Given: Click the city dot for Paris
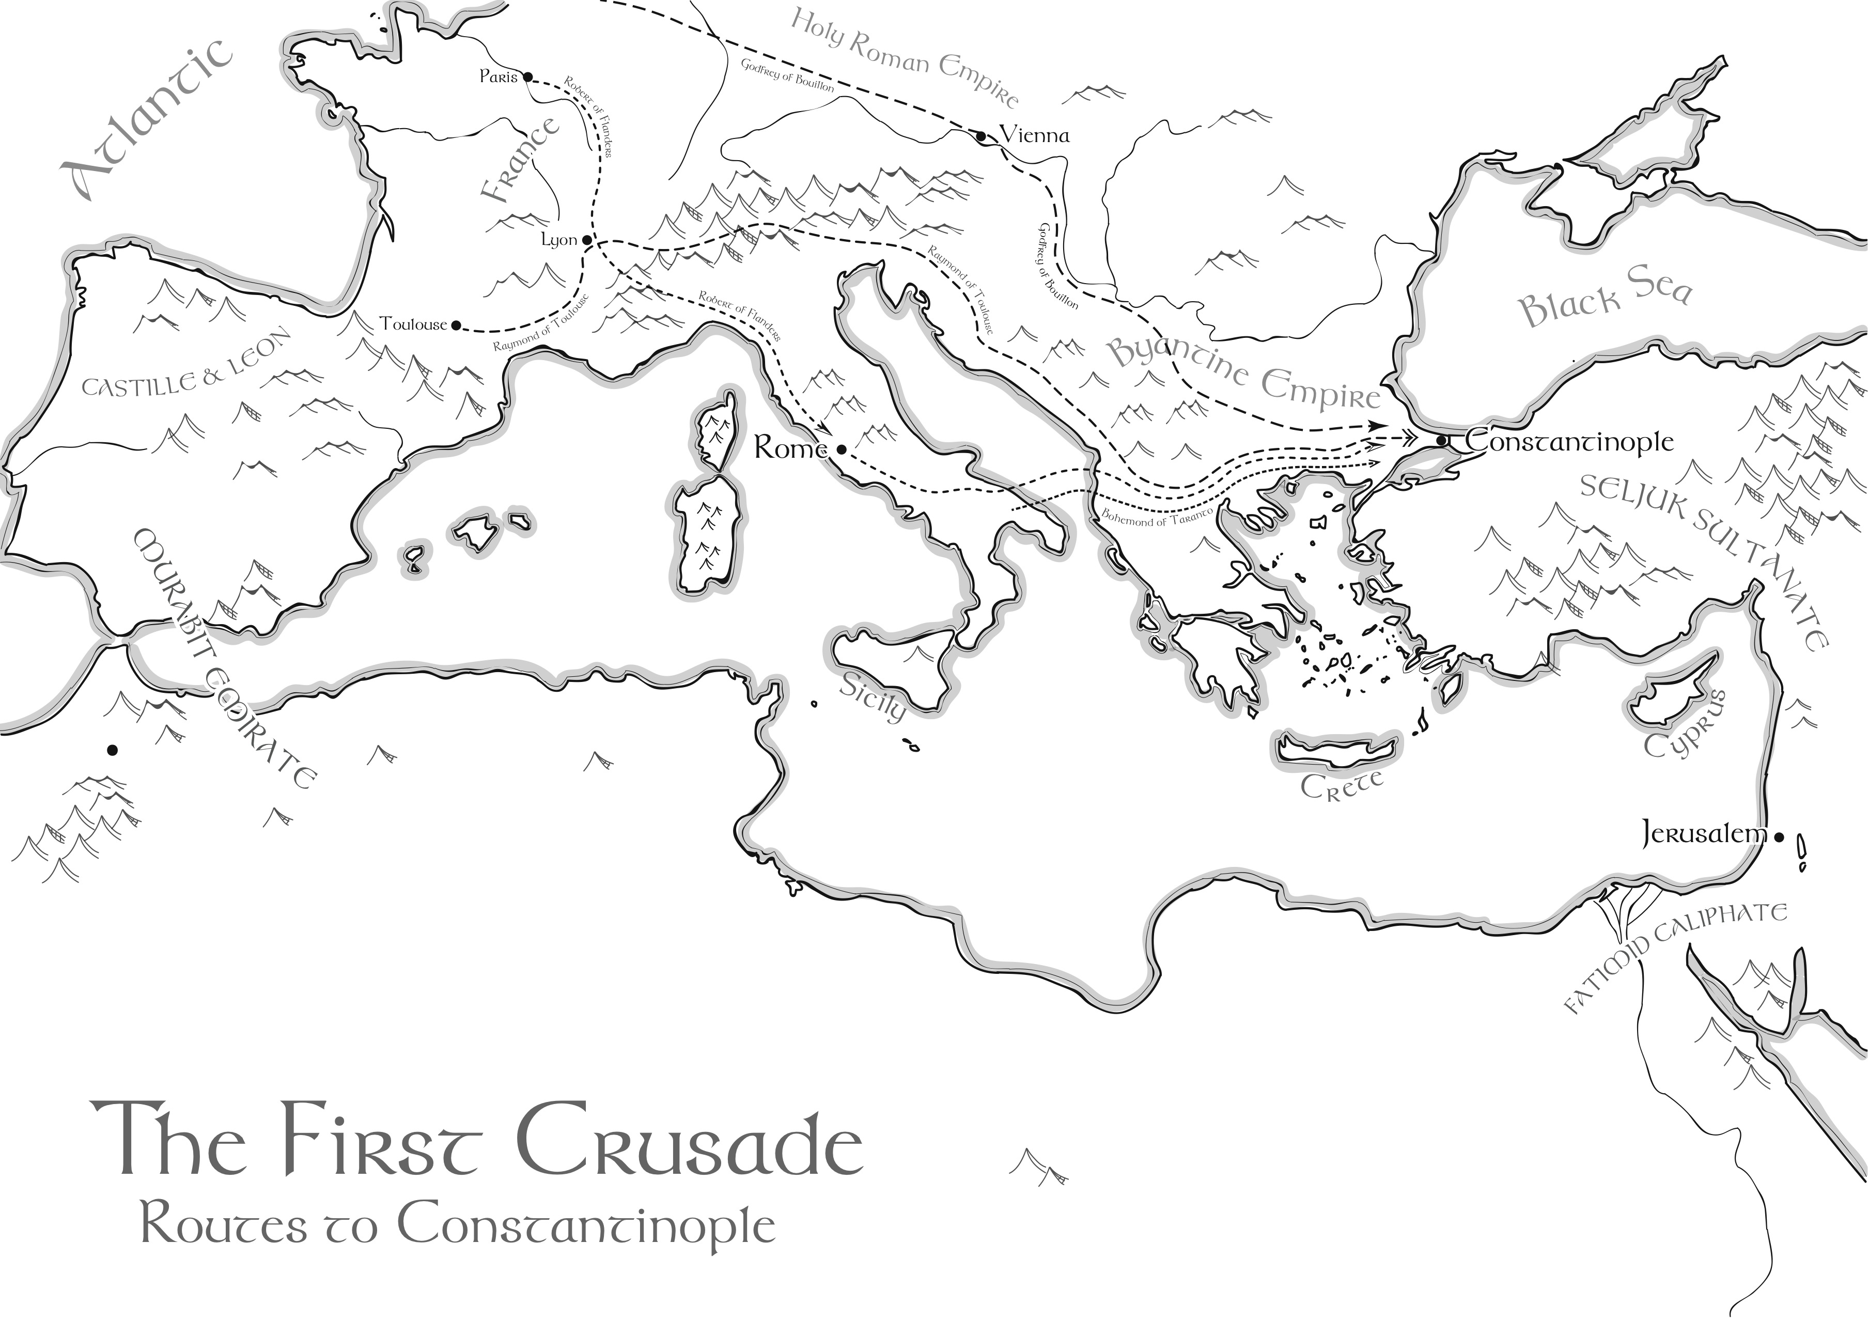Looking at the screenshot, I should pos(527,77).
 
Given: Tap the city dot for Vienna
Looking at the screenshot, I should pos(981,136).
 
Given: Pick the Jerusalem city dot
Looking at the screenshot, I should pos(1779,836).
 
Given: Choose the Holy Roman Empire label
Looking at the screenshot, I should pos(903,57).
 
